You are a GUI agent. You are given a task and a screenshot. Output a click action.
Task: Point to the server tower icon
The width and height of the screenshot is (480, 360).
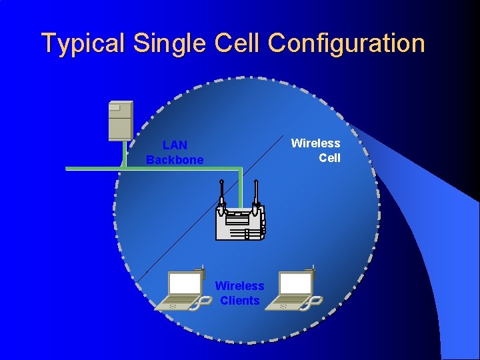121,120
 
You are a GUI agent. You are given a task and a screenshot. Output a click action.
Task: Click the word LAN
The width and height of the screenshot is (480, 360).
175,145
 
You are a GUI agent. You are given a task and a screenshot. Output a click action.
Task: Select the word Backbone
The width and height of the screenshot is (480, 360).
175,160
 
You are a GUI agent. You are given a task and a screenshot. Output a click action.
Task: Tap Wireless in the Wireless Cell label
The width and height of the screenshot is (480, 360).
315,143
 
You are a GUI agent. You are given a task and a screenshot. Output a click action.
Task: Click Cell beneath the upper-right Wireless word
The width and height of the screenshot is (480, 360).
329,158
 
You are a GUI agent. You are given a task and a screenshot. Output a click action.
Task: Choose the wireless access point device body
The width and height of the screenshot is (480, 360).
240,223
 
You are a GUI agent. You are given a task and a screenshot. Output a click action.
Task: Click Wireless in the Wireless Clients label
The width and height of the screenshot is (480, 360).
239,286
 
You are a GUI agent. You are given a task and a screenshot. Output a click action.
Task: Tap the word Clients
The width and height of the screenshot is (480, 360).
239,301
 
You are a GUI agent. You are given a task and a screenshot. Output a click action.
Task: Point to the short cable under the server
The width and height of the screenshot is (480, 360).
123,154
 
